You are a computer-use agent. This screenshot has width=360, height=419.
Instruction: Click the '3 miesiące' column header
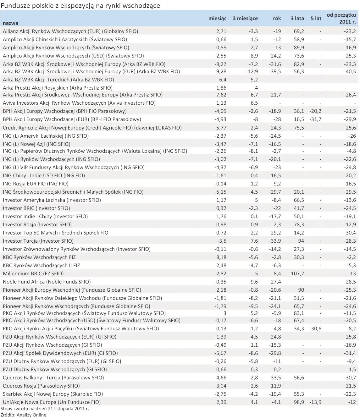coord(245,19)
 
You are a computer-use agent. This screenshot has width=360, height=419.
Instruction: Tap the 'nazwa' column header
coord(10,23)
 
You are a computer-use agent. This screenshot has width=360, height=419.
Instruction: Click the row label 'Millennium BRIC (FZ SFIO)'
coord(33,273)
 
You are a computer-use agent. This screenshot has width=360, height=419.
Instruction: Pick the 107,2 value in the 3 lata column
coord(297,273)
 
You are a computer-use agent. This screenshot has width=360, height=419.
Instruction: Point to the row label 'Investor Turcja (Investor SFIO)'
coord(38,241)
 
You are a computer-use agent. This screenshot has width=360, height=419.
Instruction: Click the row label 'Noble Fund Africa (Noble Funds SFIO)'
coord(47,282)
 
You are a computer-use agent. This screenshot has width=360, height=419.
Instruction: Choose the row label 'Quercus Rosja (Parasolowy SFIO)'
coord(41,386)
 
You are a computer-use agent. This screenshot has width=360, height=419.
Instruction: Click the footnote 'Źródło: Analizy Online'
coord(24,415)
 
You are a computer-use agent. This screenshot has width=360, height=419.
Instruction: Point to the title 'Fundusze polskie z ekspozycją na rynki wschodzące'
coord(81,5)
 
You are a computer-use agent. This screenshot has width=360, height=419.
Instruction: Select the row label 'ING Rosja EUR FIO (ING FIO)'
coord(36,184)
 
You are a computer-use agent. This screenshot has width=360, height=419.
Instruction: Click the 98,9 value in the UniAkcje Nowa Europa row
coord(298,402)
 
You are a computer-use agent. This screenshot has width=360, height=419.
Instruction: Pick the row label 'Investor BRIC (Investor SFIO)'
coord(36,208)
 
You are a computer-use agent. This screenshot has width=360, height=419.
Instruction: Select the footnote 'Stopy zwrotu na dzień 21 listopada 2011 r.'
coord(45,409)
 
